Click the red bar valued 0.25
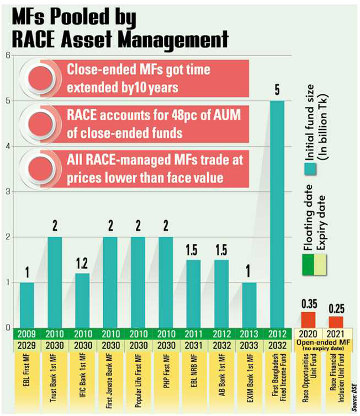(x=336, y=322)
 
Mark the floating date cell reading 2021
(x=336, y=333)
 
